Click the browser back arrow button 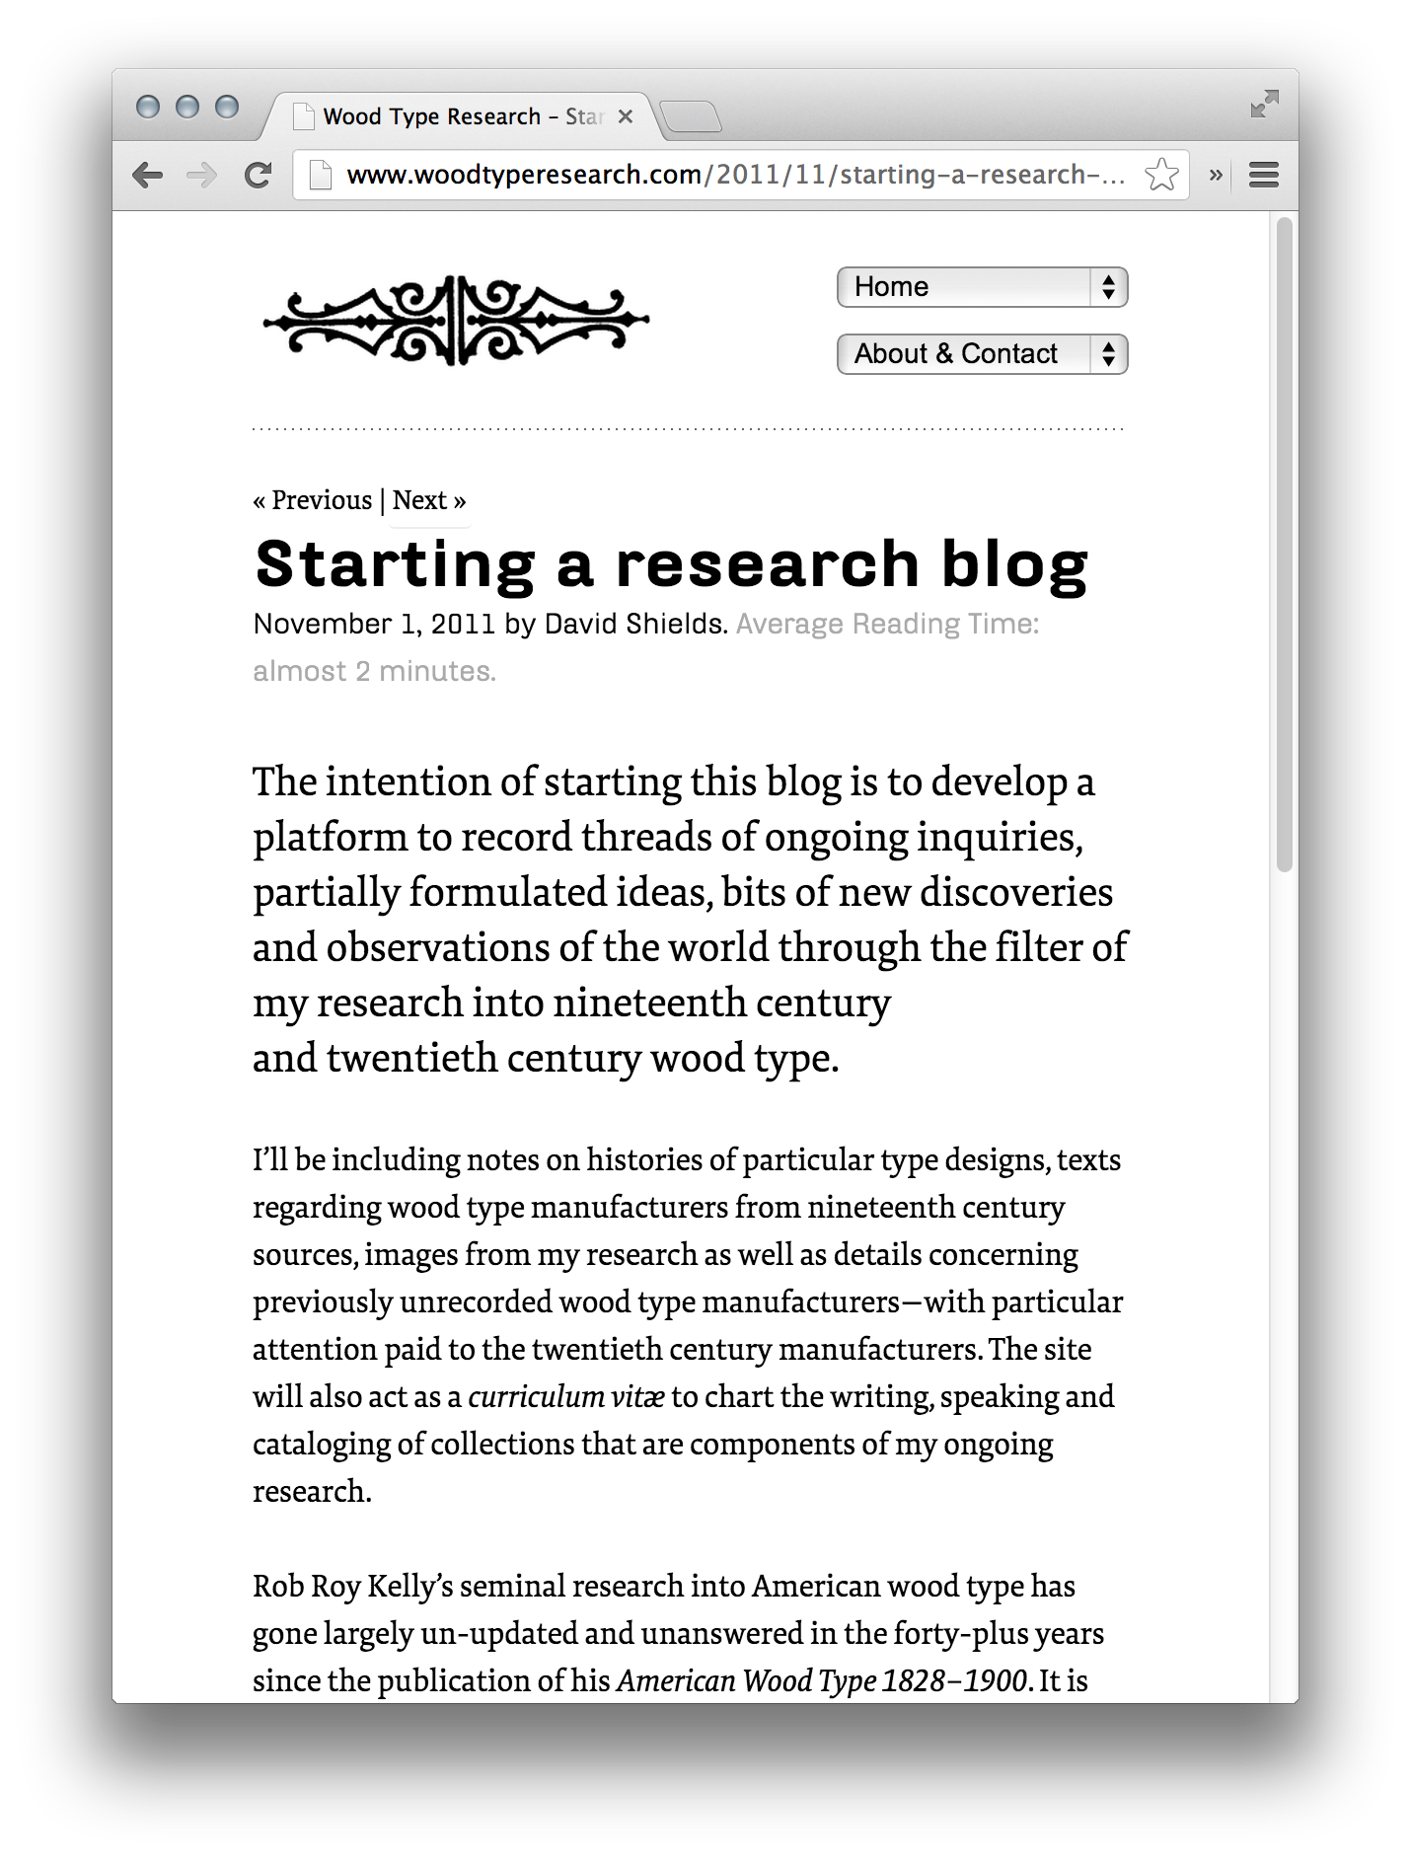pyautogui.click(x=148, y=176)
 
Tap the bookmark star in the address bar pyautogui.click(x=1161, y=176)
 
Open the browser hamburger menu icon pyautogui.click(x=1263, y=176)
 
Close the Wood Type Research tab pyautogui.click(x=626, y=116)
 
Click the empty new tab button pyautogui.click(x=691, y=117)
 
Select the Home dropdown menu pyautogui.click(x=982, y=287)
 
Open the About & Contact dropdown pyautogui.click(x=982, y=354)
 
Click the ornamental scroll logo pyautogui.click(x=456, y=320)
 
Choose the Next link pyautogui.click(x=420, y=500)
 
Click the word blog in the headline pyautogui.click(x=1014, y=565)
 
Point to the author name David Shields pyautogui.click(x=634, y=624)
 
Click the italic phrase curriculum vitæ pyautogui.click(x=565, y=1397)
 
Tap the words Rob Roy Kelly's pyautogui.click(x=352, y=1587)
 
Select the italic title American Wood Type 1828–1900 pyautogui.click(x=822, y=1681)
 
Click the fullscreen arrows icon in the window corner pyautogui.click(x=1264, y=104)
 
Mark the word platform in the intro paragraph pyautogui.click(x=330, y=838)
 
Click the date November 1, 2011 pyautogui.click(x=374, y=624)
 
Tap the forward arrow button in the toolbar pyautogui.click(x=202, y=176)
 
